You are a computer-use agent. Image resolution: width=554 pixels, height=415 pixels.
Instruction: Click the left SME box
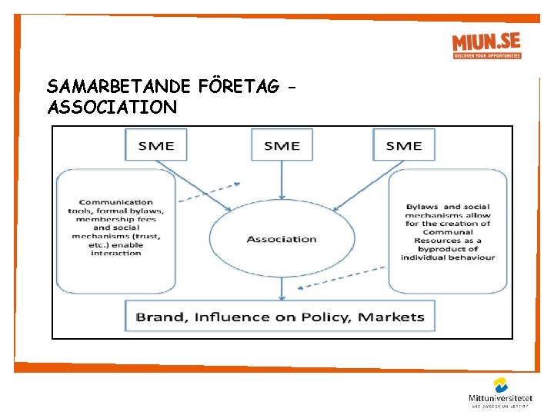tap(155, 145)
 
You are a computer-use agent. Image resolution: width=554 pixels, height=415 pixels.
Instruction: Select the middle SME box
tap(282, 145)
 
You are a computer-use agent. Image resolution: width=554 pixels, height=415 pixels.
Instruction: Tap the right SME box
tap(403, 145)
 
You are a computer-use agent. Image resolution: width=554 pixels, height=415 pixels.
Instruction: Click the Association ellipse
tap(282, 239)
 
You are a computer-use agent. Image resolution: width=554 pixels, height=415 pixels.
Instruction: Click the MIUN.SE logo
tap(486, 45)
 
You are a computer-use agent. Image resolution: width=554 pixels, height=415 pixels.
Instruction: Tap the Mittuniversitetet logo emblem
tap(501, 384)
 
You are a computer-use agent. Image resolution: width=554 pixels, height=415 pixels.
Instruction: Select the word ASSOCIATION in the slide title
tap(112, 107)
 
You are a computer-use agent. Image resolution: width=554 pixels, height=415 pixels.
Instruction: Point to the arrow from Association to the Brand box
tap(282, 288)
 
